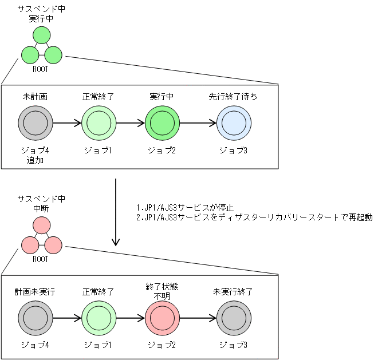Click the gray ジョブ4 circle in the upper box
point(35,122)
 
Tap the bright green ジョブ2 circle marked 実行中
point(162,122)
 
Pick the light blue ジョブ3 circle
point(234,122)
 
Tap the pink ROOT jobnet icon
point(41,238)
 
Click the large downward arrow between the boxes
point(116,212)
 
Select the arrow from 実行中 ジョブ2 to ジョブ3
point(198,122)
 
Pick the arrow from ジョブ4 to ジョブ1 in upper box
point(66,122)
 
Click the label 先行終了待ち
point(233,97)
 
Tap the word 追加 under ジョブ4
point(35,161)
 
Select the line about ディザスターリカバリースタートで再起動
point(252,217)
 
